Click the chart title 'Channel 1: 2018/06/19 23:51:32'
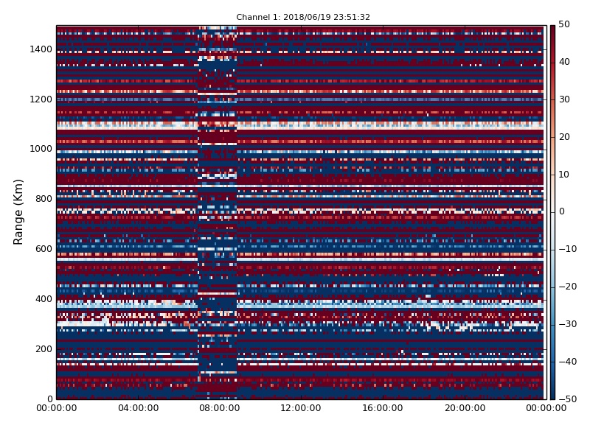[x=303, y=17]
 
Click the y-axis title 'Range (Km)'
[x=18, y=212]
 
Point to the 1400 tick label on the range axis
[x=41, y=49]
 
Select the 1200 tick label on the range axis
[x=41, y=99]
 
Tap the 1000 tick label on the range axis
[x=41, y=149]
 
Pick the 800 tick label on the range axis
[x=44, y=199]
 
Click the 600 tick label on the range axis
[x=44, y=249]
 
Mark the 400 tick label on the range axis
[x=44, y=299]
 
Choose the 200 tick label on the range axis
[x=44, y=348]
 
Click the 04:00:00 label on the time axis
[x=138, y=408]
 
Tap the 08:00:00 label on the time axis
[x=220, y=408]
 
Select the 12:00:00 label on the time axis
[x=301, y=408]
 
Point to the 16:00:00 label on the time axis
[x=383, y=408]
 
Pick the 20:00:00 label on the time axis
[x=465, y=408]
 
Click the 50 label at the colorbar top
[x=564, y=24]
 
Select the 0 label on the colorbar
[x=561, y=211]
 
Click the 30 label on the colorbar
[x=564, y=99]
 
